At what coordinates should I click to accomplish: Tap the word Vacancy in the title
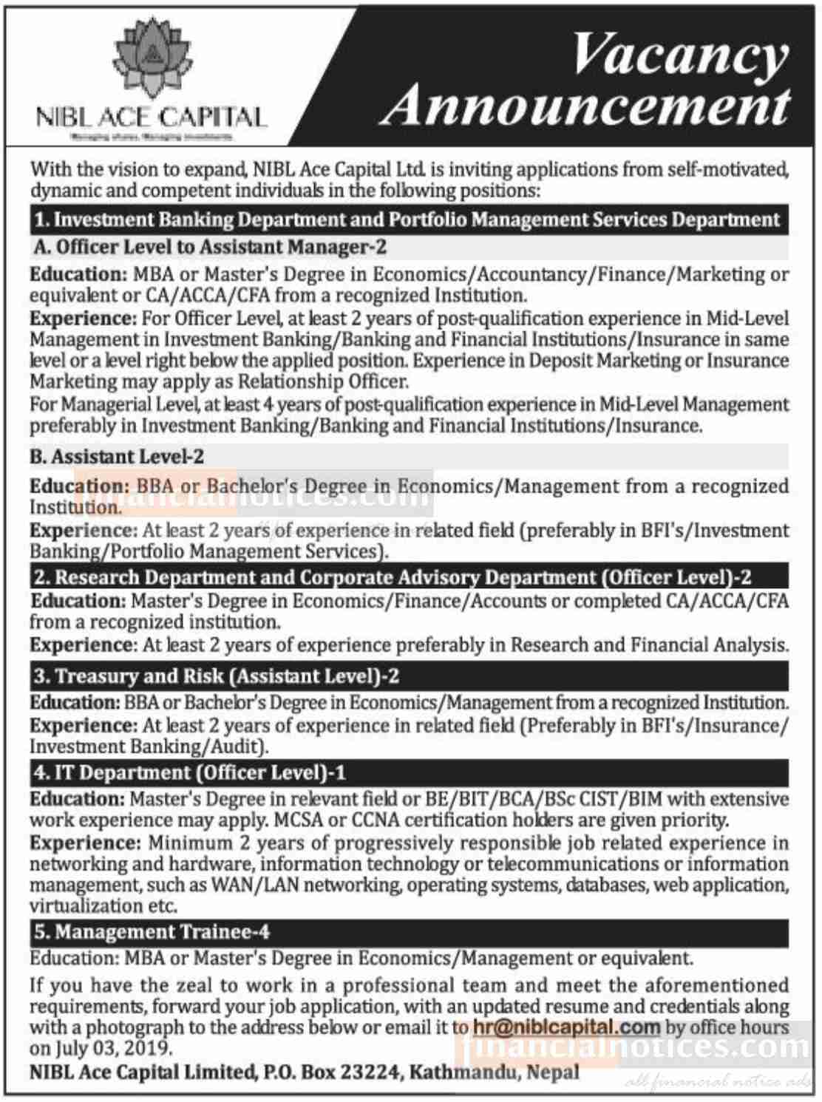[x=680, y=54]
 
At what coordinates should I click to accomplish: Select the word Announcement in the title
[x=588, y=106]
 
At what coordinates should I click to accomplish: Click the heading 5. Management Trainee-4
[x=152, y=932]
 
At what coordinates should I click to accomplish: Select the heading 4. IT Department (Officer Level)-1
[x=189, y=773]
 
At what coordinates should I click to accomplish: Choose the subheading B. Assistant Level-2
[x=117, y=457]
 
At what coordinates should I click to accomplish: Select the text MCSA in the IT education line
[x=298, y=820]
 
